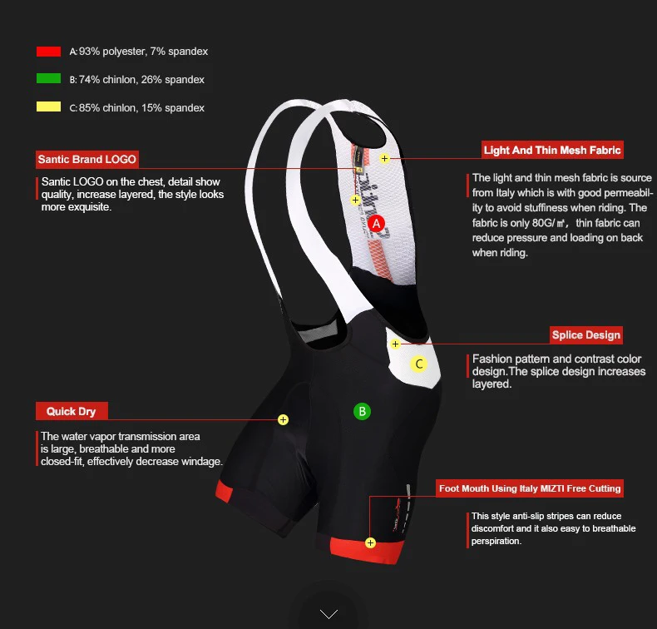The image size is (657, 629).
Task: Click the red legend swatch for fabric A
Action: (48, 52)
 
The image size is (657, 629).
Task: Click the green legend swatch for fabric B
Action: (48, 78)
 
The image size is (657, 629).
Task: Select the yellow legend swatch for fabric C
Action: (48, 106)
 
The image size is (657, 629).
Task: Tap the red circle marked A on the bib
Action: (376, 223)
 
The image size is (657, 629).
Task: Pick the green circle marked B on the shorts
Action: (362, 412)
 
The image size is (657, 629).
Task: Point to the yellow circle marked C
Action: (418, 364)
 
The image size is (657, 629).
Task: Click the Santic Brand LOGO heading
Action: (87, 159)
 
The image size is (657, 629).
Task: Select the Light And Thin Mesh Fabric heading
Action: (552, 150)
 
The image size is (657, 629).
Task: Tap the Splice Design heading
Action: (586, 335)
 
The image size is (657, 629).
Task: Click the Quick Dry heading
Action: (72, 411)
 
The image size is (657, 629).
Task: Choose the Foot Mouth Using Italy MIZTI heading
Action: (530, 488)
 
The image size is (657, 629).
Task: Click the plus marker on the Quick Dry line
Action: (284, 419)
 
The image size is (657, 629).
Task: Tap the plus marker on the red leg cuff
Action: (370, 543)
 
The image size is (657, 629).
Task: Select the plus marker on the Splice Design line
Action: (395, 344)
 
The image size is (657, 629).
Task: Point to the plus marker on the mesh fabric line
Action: (385, 158)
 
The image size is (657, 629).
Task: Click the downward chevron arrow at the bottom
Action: (328, 614)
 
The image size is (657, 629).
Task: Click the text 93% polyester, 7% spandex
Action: (143, 52)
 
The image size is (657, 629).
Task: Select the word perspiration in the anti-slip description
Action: (496, 541)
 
